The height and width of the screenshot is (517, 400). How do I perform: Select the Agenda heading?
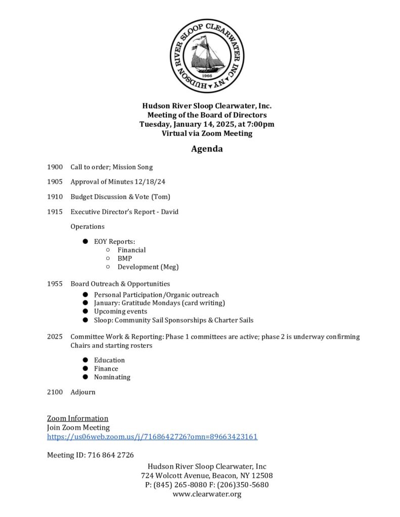click(207, 149)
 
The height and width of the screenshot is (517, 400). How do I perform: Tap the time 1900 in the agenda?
click(55, 167)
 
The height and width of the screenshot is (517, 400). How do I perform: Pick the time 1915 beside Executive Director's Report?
click(55, 212)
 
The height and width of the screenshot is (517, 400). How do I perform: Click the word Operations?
click(87, 227)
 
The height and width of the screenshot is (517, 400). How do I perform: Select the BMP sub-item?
click(125, 258)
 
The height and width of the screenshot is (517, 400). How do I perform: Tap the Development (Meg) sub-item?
click(148, 267)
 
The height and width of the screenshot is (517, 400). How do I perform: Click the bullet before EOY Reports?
click(86, 242)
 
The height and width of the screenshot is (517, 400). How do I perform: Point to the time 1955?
click(55, 284)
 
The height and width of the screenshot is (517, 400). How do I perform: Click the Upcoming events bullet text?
click(120, 312)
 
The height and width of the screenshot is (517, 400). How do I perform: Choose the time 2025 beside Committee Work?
click(55, 337)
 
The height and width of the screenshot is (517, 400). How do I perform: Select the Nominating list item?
click(112, 377)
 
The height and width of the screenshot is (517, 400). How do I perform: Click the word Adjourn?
click(83, 392)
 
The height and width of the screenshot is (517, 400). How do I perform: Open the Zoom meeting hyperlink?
click(152, 437)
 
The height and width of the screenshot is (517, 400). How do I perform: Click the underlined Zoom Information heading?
click(77, 418)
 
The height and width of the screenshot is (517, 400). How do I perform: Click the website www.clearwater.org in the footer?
click(207, 494)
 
